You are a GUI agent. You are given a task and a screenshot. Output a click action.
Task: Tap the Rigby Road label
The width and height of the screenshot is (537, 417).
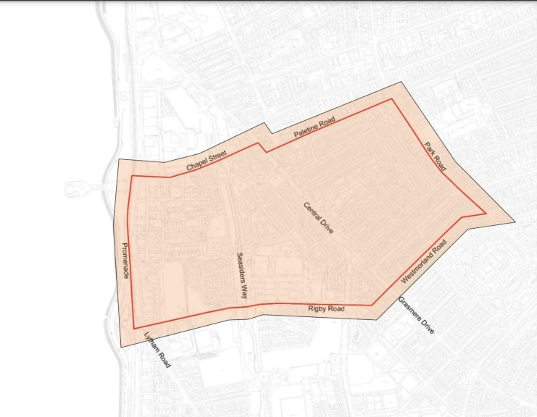click(326, 309)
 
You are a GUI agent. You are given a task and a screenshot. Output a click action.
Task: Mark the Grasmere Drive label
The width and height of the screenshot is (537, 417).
click(416, 315)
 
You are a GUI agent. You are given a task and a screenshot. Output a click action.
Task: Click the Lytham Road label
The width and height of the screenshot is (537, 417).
click(157, 350)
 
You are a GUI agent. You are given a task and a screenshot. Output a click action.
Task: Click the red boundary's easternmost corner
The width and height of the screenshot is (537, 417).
click(485, 214)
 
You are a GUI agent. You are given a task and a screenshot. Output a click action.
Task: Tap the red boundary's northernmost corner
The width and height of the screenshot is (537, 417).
click(394, 99)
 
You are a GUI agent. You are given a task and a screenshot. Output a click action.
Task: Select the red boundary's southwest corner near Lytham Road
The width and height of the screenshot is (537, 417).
click(135, 329)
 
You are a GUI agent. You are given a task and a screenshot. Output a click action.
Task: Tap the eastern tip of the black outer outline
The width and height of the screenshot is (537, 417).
click(515, 221)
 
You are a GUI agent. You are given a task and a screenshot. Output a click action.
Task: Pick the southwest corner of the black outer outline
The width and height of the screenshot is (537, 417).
click(120, 347)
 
